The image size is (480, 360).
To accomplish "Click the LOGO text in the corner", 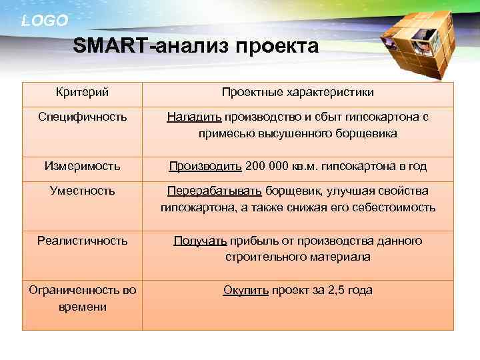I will coord(45,21).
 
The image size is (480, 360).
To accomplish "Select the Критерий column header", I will coord(83,92).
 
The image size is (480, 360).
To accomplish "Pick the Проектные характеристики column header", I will coord(297,92).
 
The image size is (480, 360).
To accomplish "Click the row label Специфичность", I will coord(83,117).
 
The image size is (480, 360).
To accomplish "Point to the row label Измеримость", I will coord(83,166).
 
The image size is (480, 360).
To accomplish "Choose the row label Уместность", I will coord(83,191).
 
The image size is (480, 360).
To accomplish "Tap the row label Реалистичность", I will coord(83,241).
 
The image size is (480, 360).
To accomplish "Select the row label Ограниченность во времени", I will coord(83,298).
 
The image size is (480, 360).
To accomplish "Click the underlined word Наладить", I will coord(194,117).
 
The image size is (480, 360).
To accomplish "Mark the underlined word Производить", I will coord(205,166).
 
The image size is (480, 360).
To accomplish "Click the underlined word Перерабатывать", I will coord(215,191).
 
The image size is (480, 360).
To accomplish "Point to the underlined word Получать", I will coord(201,241).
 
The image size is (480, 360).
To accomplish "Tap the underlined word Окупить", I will coord(246,290).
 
